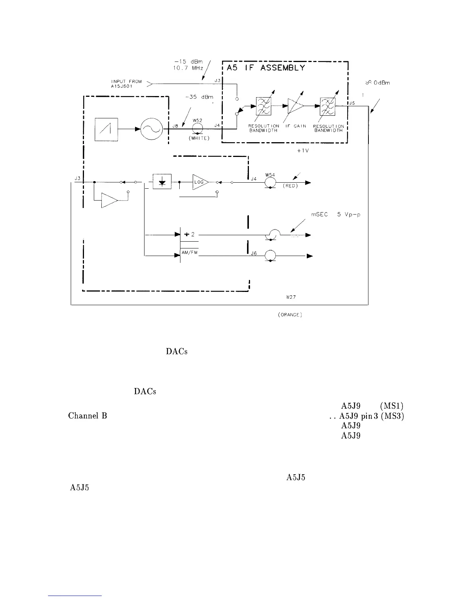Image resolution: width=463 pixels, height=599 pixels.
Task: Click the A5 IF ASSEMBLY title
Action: (x=266, y=68)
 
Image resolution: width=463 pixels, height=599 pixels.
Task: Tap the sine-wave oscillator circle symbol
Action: (x=150, y=129)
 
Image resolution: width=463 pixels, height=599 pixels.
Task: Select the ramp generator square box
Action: (x=106, y=129)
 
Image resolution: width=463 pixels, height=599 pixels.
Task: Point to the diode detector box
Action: (x=162, y=182)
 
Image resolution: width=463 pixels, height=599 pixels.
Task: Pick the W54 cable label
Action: (x=270, y=174)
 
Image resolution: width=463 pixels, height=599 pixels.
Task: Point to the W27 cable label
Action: (x=291, y=297)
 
